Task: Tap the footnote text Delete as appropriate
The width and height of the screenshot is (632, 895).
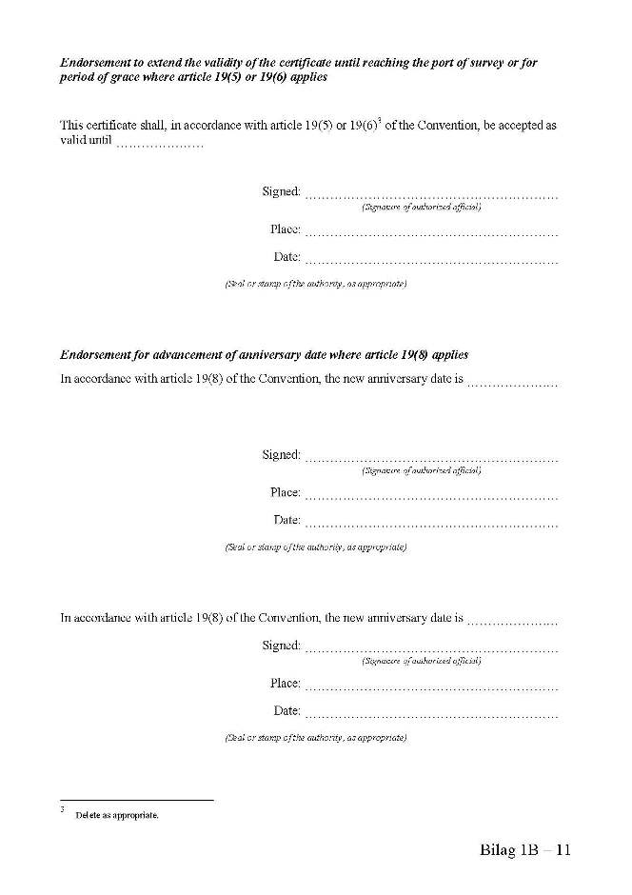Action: coord(117,816)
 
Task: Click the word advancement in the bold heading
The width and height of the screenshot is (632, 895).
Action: coord(178,354)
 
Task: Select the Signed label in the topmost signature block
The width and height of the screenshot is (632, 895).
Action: coord(281,191)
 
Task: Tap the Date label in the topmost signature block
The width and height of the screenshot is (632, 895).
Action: coord(286,257)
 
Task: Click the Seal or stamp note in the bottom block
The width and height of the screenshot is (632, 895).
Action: coord(315,738)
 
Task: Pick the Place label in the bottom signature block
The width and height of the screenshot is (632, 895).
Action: coord(285,683)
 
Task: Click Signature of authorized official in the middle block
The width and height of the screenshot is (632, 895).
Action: coord(422,470)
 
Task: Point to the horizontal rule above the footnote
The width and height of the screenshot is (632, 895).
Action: coord(136,801)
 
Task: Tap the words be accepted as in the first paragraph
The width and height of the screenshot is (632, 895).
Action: coord(520,126)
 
